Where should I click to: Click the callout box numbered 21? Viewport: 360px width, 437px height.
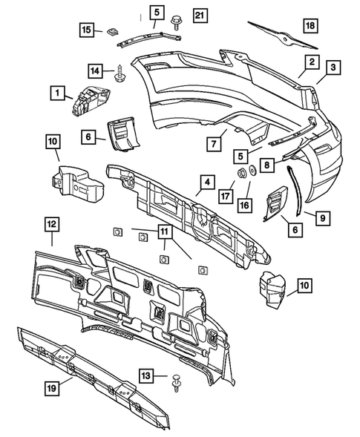coord(200,16)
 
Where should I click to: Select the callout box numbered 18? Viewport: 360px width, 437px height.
coord(310,26)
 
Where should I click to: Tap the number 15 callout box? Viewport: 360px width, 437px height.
coord(86,29)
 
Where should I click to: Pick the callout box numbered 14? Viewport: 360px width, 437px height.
coord(95,70)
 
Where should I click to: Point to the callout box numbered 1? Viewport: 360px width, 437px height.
coord(57,93)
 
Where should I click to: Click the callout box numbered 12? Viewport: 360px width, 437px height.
coord(52,225)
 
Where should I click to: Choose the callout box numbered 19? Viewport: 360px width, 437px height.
coord(52,388)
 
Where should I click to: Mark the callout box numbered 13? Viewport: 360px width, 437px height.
coord(145,375)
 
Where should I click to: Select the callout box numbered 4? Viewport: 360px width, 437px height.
coord(207,183)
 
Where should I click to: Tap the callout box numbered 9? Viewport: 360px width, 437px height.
coord(323,217)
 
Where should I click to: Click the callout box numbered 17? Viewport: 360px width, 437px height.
coord(226,196)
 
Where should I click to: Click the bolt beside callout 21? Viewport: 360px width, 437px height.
coord(175,22)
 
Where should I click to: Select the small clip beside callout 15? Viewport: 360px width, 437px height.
coord(112,31)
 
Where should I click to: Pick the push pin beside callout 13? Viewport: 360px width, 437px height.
coord(176,383)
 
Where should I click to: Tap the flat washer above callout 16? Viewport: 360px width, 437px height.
coord(253,171)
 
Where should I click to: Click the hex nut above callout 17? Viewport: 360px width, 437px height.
coord(240,173)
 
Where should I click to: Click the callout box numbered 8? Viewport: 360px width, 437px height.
coord(267,165)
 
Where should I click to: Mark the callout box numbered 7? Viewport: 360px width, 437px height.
coord(214,144)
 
